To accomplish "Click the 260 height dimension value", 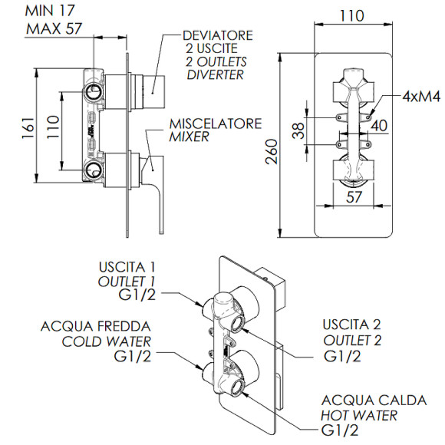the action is click(272, 151).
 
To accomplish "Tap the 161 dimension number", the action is click(28, 128).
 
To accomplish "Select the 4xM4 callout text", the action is click(421, 97).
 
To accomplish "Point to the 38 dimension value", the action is click(298, 130).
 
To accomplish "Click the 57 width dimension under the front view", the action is click(354, 196).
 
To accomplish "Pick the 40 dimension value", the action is click(379, 125).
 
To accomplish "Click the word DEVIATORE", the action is click(218, 35).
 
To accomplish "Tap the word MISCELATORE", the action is click(216, 124).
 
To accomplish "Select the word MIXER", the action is click(189, 137).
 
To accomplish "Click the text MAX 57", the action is click(54, 28).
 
